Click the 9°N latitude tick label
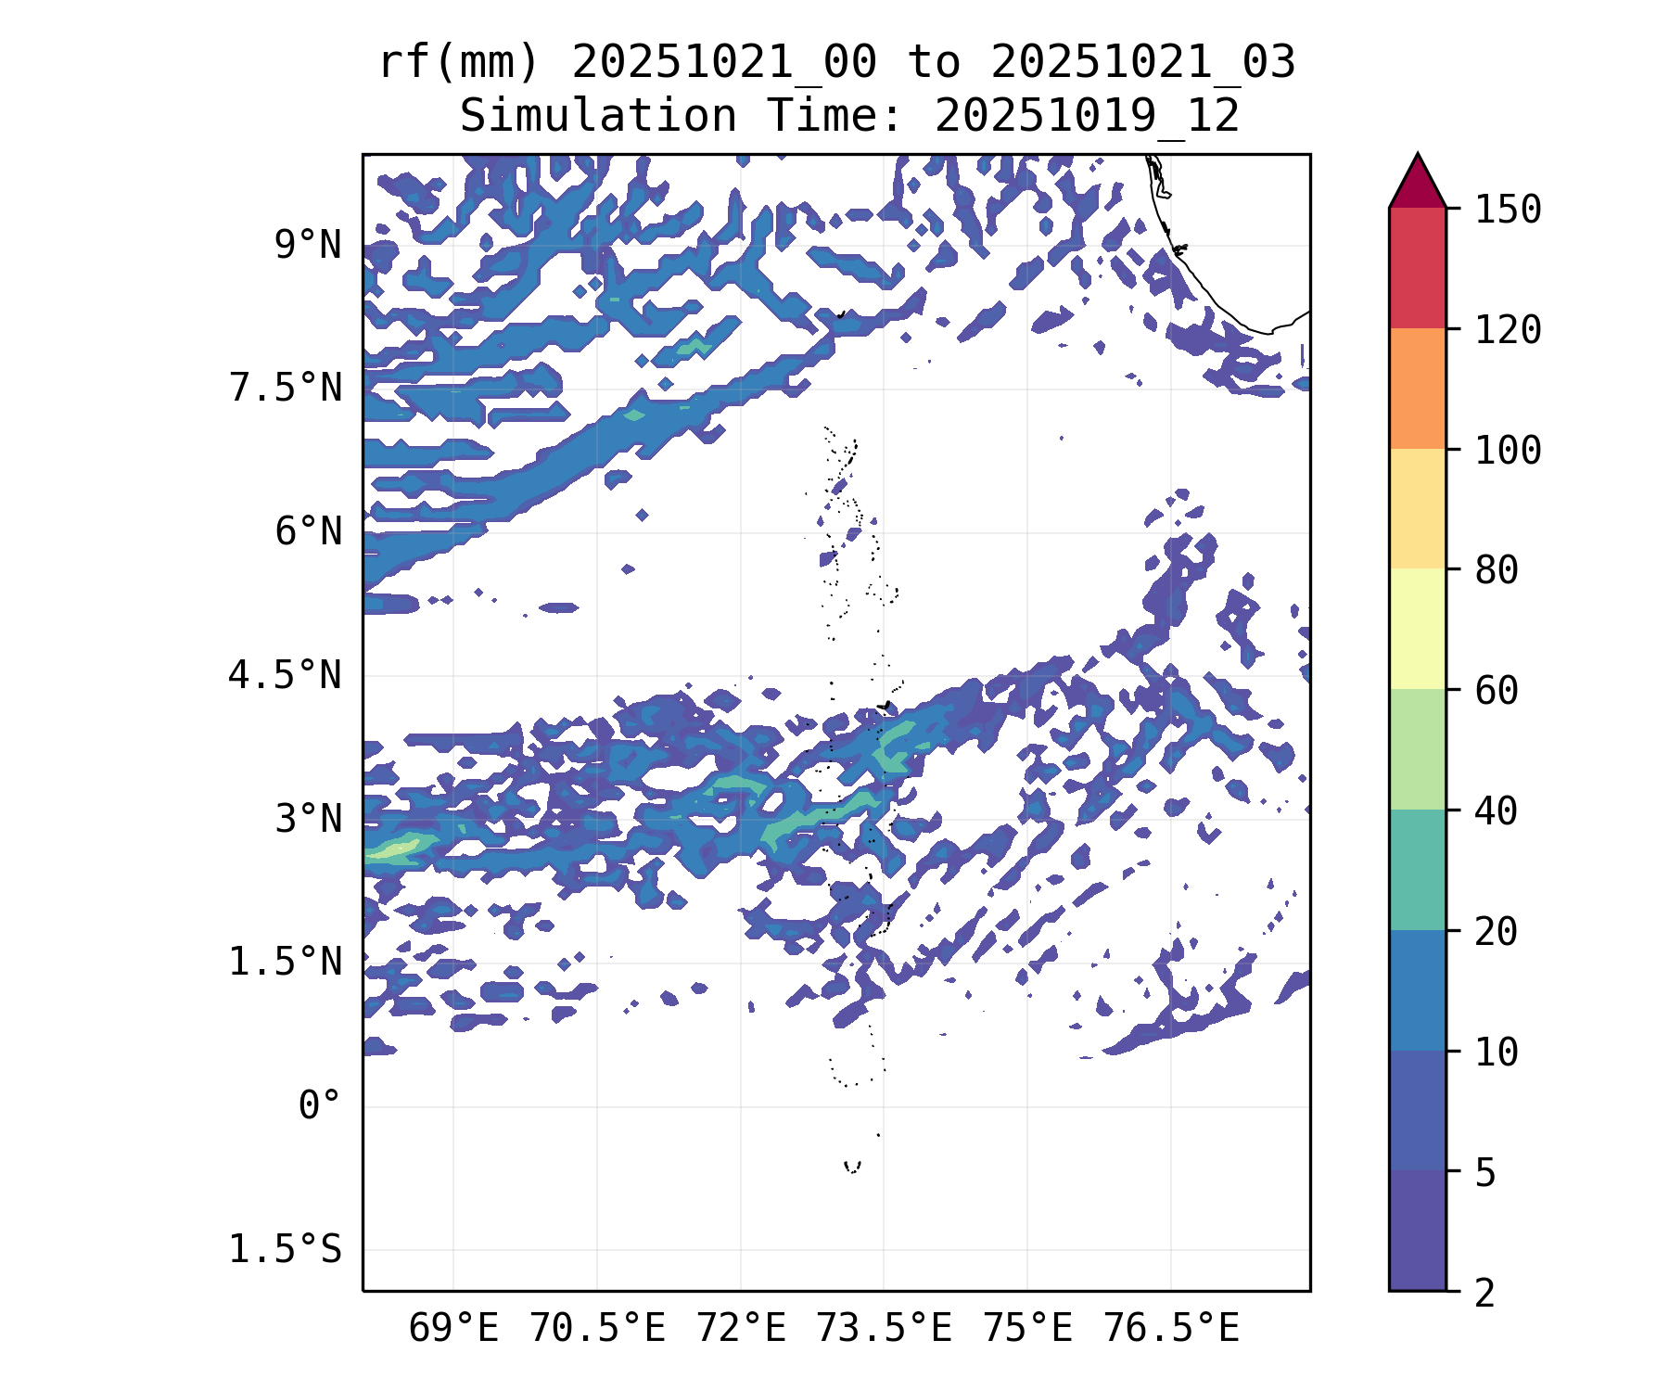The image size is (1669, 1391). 308,246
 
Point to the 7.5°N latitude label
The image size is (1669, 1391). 286,389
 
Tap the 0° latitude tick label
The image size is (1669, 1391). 319,1105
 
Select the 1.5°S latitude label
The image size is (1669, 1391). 286,1250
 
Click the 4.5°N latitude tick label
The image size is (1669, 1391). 286,675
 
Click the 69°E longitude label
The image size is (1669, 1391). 453,1329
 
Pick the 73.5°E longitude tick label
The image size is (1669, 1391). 884,1329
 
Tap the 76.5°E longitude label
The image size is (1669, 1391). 1170,1329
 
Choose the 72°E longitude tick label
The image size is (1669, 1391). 741,1329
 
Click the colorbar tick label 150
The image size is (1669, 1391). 1508,210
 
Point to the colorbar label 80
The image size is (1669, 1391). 1497,569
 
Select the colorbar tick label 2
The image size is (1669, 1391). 1485,1293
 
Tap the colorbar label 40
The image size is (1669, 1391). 1497,811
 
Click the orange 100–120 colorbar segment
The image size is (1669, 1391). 1417,389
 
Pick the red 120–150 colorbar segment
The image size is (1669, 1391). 1417,268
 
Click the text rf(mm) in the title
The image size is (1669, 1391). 459,63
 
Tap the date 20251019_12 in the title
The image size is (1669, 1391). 1087,117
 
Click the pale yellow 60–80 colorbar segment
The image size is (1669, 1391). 1417,629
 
